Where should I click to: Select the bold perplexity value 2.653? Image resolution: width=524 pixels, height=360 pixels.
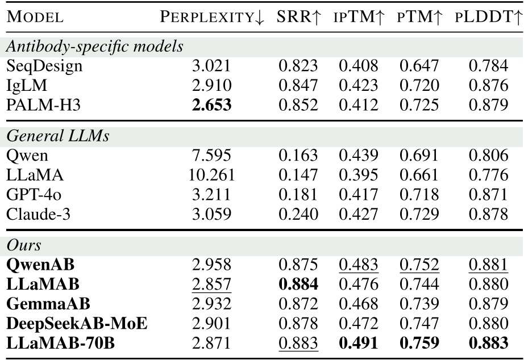[x=211, y=105]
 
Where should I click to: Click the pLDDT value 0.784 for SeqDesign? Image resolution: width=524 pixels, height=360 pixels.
[x=488, y=66]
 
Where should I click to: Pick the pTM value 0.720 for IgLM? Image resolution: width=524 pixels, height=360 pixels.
[x=419, y=86]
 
